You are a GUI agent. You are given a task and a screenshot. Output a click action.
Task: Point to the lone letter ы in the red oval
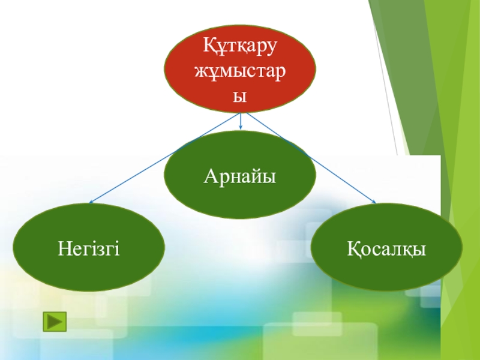click(240, 96)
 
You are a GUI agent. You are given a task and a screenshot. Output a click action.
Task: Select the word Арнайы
click(239, 176)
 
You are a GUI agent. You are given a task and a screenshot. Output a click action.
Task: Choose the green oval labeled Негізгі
click(89, 247)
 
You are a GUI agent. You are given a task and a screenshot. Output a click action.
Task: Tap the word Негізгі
click(89, 247)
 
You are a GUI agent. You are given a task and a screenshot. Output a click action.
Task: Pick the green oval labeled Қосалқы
click(386, 247)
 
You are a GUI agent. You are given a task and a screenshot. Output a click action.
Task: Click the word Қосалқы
click(386, 248)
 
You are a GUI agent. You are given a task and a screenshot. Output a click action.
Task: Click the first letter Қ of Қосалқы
click(353, 248)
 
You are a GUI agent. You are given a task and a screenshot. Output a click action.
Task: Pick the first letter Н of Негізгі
click(63, 247)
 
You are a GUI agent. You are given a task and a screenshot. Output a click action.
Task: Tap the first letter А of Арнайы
click(210, 176)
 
